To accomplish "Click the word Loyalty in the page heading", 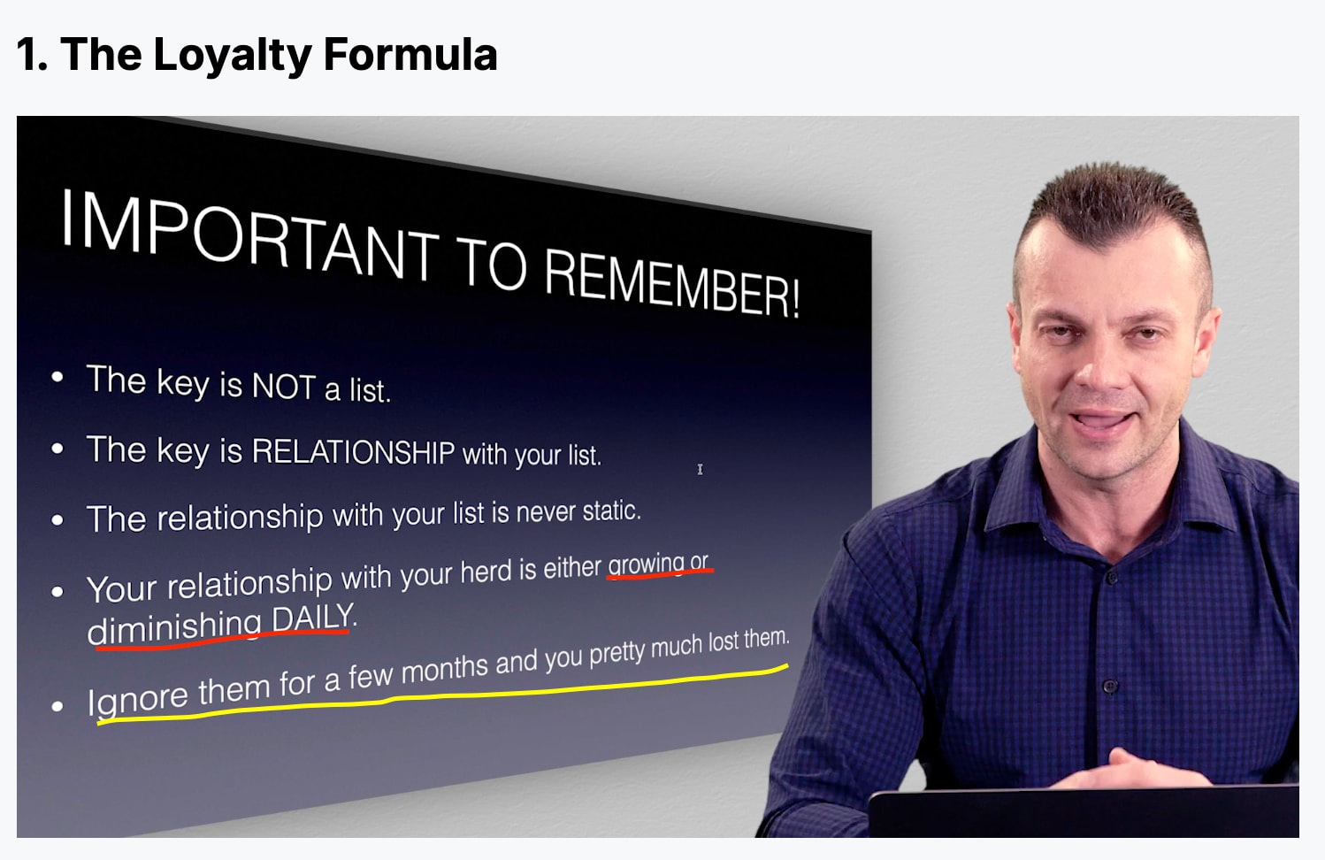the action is (x=232, y=56).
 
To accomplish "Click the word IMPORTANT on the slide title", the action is (x=249, y=234).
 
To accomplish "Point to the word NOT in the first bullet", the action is (x=283, y=387).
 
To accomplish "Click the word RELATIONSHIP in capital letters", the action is (x=353, y=452).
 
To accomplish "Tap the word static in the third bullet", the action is (x=611, y=511).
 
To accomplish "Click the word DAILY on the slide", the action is (x=313, y=617).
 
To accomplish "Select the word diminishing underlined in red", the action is (x=174, y=628).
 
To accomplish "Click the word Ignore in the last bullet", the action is (x=137, y=697).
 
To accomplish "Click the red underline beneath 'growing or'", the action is (x=661, y=573).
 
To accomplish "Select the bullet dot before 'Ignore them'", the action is (x=57, y=705).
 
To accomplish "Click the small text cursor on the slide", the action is (x=700, y=469).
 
